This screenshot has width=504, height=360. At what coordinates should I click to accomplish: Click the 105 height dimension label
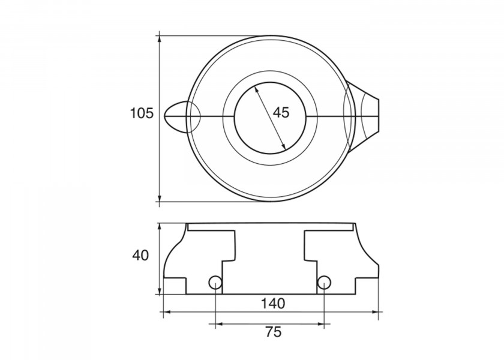click(142, 113)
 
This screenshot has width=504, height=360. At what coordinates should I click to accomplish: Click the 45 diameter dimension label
click(281, 113)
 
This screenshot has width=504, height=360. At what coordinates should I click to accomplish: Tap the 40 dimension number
click(140, 256)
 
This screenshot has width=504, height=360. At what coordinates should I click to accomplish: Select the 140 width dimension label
click(273, 303)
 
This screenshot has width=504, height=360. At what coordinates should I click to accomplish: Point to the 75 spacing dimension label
click(274, 331)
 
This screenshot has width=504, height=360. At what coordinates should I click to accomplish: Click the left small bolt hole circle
click(215, 282)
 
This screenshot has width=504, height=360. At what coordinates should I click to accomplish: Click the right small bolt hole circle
click(323, 282)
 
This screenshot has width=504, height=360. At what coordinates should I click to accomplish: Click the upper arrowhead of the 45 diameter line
click(257, 89)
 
